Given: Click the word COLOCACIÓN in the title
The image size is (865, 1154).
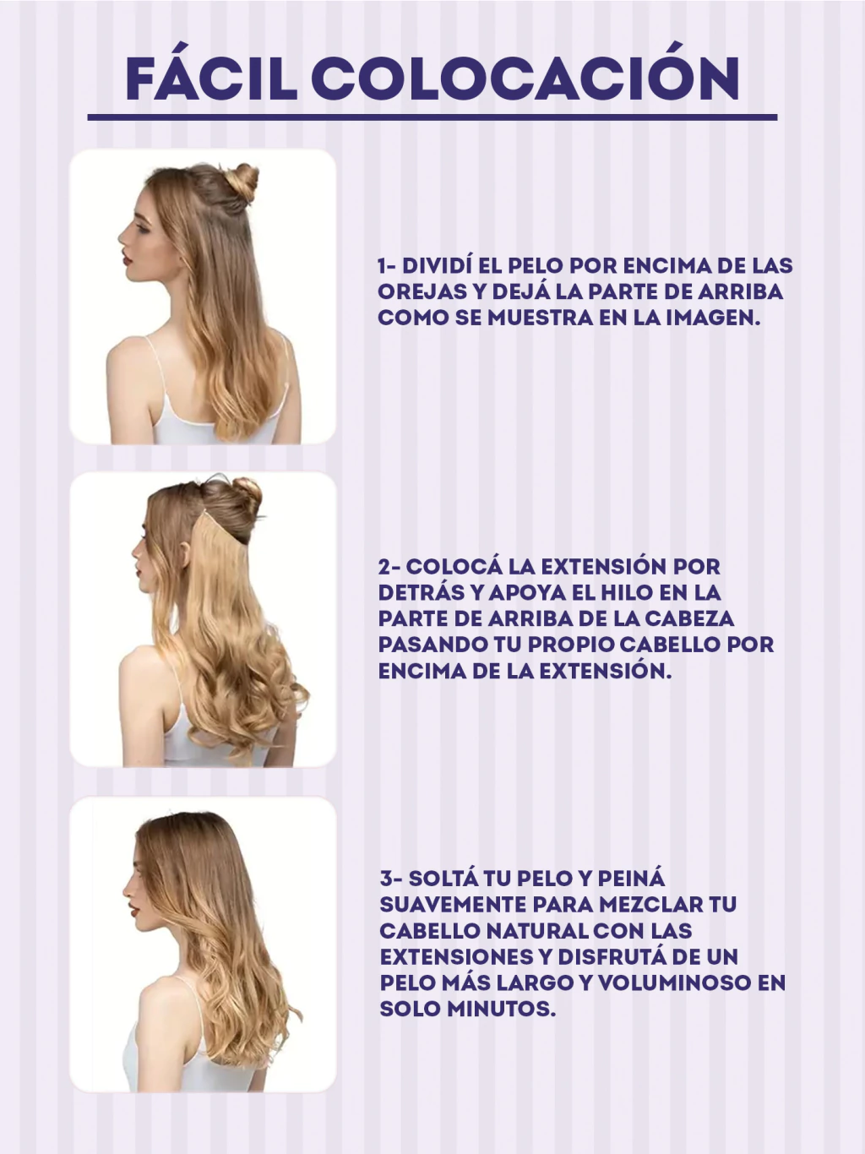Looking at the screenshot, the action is [526, 73].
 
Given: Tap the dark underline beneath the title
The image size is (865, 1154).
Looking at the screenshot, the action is [432, 117].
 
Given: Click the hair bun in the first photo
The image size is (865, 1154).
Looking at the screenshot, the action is [242, 182].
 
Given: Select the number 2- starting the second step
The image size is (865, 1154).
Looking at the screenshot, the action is [389, 567].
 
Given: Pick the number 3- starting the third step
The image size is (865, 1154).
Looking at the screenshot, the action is [391, 879].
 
